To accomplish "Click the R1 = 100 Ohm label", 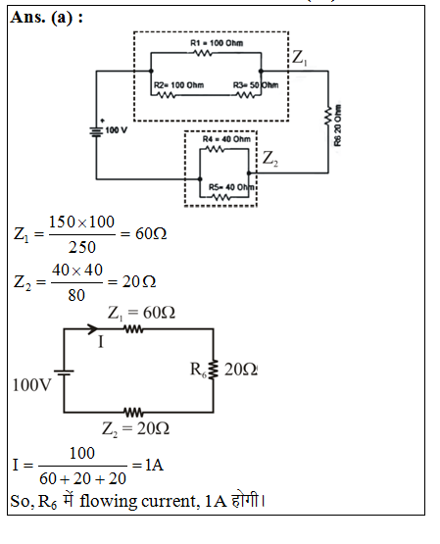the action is (217, 43).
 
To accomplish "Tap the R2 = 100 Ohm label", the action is (179, 85).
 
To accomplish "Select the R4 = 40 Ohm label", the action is (226, 139).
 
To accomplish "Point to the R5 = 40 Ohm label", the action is (231, 187).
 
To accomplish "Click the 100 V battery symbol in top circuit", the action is (96, 131).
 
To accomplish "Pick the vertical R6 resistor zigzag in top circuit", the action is (328, 117).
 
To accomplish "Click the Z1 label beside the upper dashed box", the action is (300, 57).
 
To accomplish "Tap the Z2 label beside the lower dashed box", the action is (270, 159).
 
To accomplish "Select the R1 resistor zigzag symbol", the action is (203, 53).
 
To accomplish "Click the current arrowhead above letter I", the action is (92, 328).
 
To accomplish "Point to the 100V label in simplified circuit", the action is (32, 385).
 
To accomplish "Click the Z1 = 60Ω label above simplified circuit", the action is (141, 313).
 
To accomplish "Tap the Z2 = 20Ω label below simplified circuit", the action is (135, 428).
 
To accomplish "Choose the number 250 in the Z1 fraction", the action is (82, 247).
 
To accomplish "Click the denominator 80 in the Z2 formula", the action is (76, 295).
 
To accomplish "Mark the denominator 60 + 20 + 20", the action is (82, 478).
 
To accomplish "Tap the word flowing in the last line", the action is (108, 502).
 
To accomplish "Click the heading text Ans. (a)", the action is (47, 18).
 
